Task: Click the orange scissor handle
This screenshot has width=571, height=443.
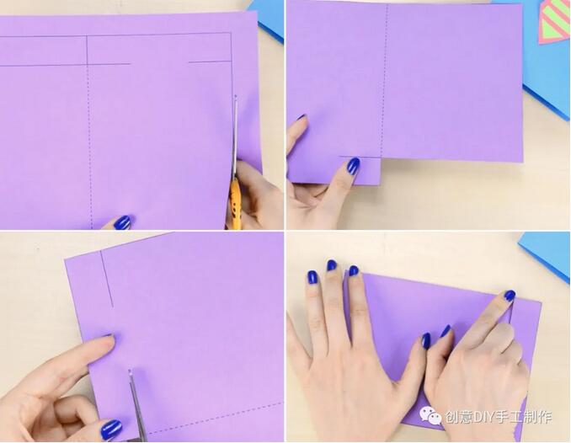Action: pos(236,201)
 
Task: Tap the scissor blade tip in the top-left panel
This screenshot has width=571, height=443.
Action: pos(236,97)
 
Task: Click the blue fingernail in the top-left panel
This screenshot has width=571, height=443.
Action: pos(122,222)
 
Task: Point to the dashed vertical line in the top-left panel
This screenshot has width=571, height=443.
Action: pos(89,146)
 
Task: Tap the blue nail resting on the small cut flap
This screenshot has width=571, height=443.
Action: pos(353,166)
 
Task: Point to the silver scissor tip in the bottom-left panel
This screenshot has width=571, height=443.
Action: pos(130,371)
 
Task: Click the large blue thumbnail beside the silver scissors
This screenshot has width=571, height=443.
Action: pos(110,430)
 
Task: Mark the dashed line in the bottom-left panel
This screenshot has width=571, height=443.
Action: pos(215,419)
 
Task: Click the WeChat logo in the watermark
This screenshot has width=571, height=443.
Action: pos(430,416)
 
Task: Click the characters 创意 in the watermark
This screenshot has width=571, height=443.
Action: pos(456,416)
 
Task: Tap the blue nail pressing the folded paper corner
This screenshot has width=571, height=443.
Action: pos(510,295)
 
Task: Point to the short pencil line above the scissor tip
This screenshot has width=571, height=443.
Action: pos(210,62)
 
